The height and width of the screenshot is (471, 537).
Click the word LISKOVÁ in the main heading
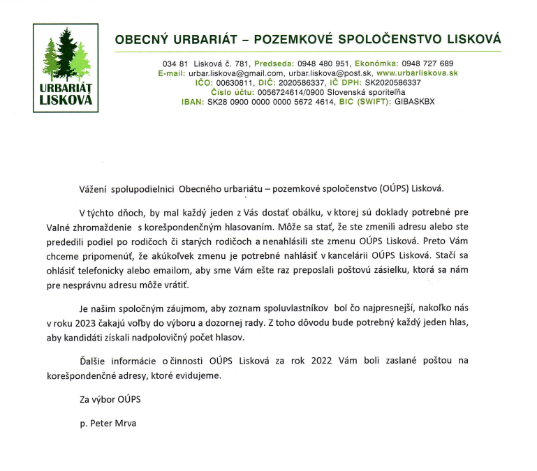[467, 39]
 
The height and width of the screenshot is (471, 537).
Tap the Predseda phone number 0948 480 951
[325, 63]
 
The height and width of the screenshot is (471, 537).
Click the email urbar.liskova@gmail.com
[236, 73]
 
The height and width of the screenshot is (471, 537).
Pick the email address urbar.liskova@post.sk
[330, 73]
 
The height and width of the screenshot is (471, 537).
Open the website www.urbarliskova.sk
[417, 73]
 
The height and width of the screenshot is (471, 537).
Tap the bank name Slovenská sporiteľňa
[365, 92]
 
